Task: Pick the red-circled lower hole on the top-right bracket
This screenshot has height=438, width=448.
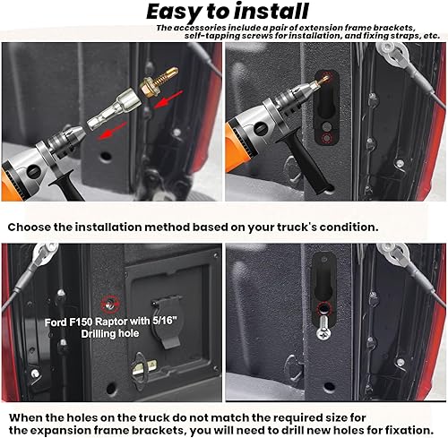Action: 328,140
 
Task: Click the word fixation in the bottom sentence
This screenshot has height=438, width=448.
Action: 405,428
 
